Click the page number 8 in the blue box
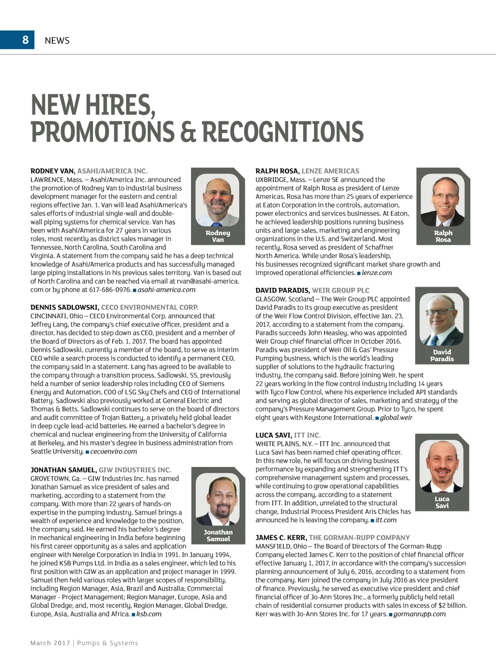[26, 40]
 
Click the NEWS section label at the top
[57, 41]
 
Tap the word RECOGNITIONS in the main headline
[282, 132]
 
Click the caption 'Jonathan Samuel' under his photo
[218, 535]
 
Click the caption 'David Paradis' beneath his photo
[442, 356]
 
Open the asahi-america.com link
[167, 290]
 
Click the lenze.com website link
[377, 273]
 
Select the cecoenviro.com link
[113, 452]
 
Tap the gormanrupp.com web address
[419, 614]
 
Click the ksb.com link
[149, 614]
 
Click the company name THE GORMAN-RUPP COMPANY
[359, 538]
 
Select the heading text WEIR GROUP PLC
[341, 290]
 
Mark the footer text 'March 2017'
[50, 643]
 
